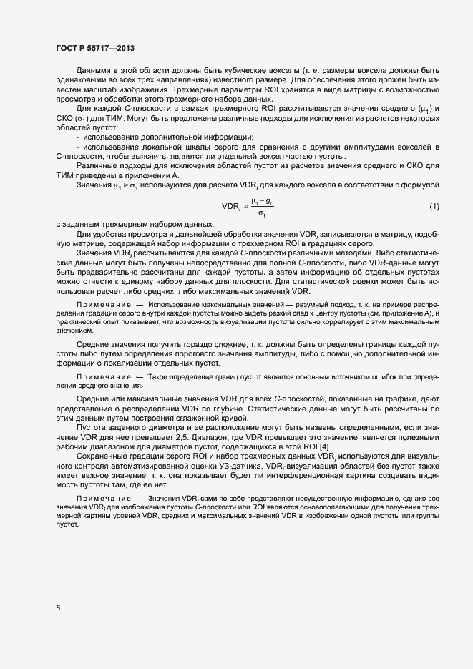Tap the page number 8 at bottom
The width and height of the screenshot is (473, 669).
click(58, 609)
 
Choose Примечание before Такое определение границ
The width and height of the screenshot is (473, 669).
click(103, 376)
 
